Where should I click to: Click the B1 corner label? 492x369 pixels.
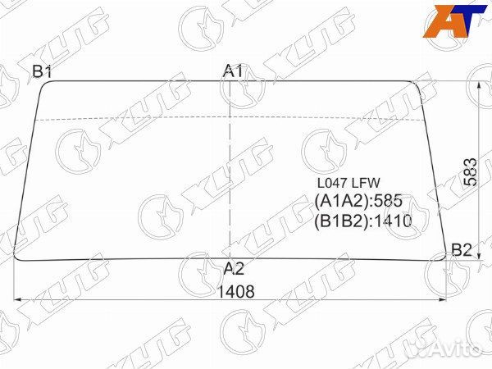42,72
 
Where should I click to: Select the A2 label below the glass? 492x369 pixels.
234,269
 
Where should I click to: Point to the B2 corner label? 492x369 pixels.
462,250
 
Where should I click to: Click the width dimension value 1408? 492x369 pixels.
235,292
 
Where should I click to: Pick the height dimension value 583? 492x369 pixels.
470,172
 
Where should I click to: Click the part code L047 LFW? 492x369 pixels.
348,183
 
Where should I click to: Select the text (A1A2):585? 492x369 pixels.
358,201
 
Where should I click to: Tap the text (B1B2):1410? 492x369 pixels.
363,221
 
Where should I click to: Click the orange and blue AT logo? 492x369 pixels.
454,21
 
